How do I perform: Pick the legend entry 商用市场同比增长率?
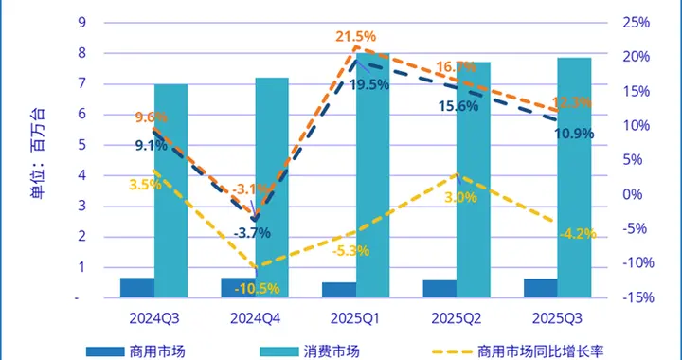pos(539,351)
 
